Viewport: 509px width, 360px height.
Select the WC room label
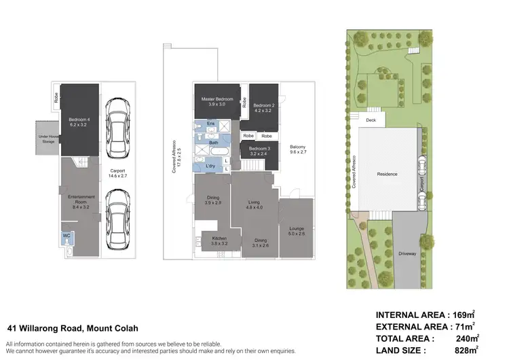pos(67,235)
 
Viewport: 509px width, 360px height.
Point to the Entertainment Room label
pos(81,198)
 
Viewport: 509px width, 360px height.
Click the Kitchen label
pos(219,240)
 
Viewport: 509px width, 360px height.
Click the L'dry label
pos(210,165)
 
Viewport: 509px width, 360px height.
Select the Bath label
pos(213,143)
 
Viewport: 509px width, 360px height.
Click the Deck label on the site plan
pos(371,120)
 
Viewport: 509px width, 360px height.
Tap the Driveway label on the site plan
pos(408,255)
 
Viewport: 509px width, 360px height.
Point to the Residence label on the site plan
pos(387,174)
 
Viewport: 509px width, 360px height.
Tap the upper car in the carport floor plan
pos(119,124)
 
